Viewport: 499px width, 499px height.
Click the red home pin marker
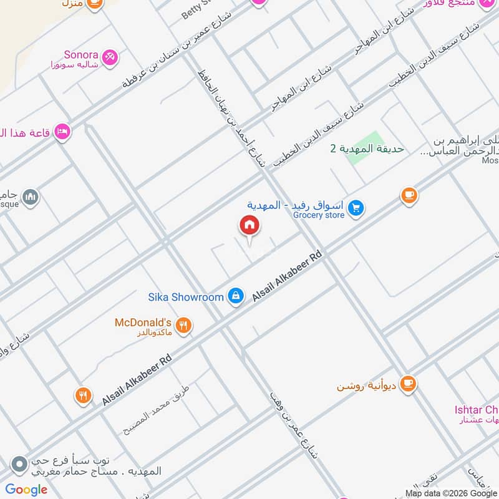pyautogui.click(x=249, y=226)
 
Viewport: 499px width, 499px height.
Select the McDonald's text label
pyautogui.click(x=143, y=322)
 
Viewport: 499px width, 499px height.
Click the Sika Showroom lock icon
pyautogui.click(x=236, y=296)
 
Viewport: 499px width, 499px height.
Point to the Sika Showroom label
pyautogui.click(x=185, y=297)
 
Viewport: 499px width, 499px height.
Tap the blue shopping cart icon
pyautogui.click(x=356, y=208)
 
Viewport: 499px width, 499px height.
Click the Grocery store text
pyautogui.click(x=319, y=215)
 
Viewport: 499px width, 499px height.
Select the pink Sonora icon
pyautogui.click(x=110, y=57)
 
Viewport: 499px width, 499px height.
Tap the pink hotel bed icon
pyautogui.click(x=62, y=131)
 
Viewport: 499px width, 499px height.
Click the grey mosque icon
pyautogui.click(x=30, y=198)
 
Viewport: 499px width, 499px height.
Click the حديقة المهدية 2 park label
pyautogui.click(x=367, y=148)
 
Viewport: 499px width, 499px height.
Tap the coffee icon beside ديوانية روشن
pyautogui.click(x=409, y=382)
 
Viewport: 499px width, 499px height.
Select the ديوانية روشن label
pyautogui.click(x=366, y=383)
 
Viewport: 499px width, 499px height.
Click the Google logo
pyautogui.click(x=26, y=490)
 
